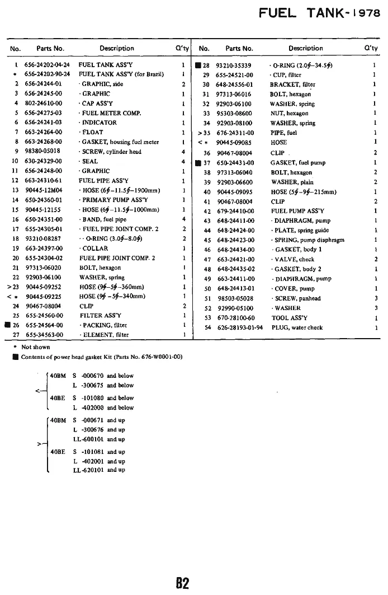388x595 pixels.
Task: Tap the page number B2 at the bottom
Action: pos(183,583)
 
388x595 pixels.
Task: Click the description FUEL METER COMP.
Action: pos(111,113)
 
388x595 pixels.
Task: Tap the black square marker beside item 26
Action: pos(8,325)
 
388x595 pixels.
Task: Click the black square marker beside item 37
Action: pos(198,163)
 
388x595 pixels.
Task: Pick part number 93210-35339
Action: pos(233,65)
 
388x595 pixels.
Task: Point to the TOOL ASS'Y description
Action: pos(288,318)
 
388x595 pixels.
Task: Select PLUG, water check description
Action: pos(297,327)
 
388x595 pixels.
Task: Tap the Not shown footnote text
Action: pos(36,347)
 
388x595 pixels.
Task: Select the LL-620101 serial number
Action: pos(86,470)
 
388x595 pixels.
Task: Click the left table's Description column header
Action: pos(117,48)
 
